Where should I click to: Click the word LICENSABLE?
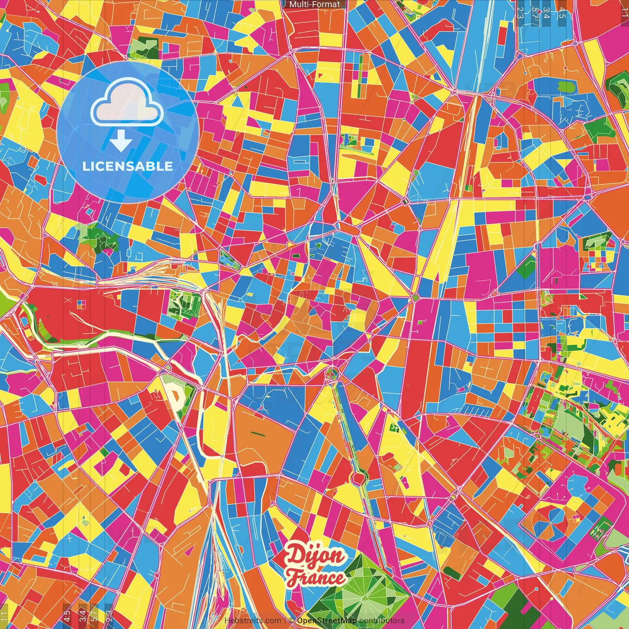[x=128, y=166]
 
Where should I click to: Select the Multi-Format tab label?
[x=314, y=4]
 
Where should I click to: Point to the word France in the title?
[x=315, y=578]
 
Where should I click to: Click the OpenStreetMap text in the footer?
[x=327, y=621]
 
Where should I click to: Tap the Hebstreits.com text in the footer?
[x=253, y=621]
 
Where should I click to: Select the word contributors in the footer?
[x=382, y=621]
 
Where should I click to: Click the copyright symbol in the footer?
[x=291, y=621]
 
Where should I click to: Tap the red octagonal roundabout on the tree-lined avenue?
[x=359, y=477]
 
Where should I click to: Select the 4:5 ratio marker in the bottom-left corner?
[x=66, y=615]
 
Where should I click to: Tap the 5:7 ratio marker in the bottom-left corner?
[x=94, y=615]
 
